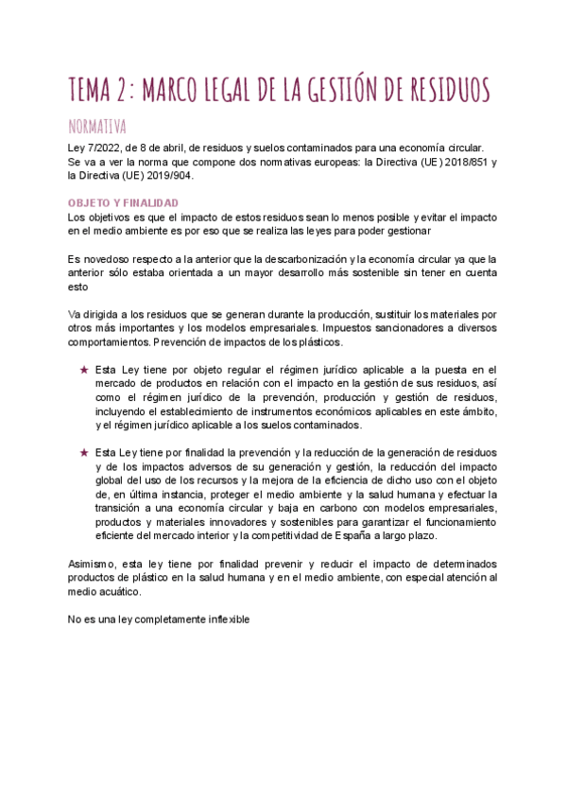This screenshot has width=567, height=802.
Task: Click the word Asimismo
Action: [92, 564]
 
